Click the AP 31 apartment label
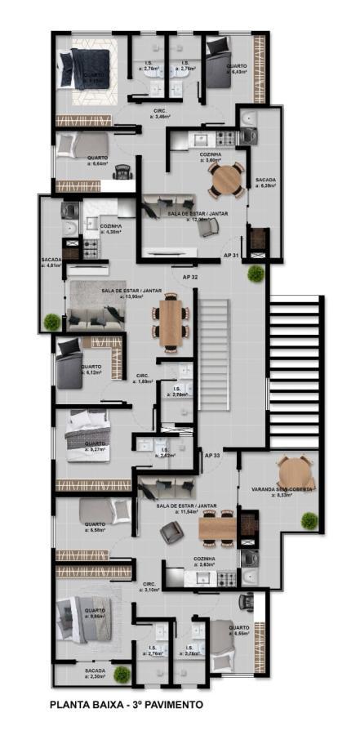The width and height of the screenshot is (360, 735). pos(231,256)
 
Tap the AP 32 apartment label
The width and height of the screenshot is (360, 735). pos(189,278)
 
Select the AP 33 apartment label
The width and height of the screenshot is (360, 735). pos(212,455)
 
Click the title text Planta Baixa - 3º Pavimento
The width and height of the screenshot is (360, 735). pos(127,704)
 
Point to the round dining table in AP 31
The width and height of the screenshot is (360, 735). pos(226,180)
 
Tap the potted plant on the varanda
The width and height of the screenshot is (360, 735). pos(309,520)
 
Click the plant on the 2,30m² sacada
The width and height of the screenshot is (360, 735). pos(122,674)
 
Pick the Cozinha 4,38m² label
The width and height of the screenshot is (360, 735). pos(110,229)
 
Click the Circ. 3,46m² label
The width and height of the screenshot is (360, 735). pos(161,114)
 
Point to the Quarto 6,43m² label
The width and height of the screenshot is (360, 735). pos(237,69)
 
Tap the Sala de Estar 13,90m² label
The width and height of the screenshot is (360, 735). pos(131,293)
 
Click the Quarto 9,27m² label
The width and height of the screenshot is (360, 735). pos(96,448)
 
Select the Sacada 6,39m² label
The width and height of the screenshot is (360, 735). pos(265,182)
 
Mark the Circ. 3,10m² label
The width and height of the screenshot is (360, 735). pos(149,586)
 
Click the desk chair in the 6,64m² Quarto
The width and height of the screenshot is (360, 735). pos(124,171)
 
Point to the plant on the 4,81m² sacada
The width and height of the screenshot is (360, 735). pos(52,321)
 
